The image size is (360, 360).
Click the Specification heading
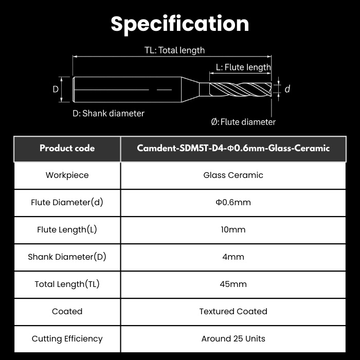click(x=180, y=24)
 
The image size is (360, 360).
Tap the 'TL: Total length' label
click(x=174, y=50)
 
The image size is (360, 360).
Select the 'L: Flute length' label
click(x=243, y=67)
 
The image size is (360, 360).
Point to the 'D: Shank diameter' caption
click(x=109, y=113)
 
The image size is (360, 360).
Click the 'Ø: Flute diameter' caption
click(x=243, y=122)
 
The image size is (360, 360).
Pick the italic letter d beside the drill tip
click(x=287, y=89)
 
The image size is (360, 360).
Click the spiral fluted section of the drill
click(x=240, y=89)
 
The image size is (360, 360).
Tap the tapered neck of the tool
click(x=190, y=89)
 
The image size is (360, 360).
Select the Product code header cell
click(x=67, y=148)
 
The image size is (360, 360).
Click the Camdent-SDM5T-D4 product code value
click(x=233, y=148)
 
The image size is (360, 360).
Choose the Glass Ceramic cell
click(x=233, y=175)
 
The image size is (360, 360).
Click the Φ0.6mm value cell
click(x=233, y=202)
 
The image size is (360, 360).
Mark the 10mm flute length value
click(x=233, y=229)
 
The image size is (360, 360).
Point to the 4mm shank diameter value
click(x=233, y=257)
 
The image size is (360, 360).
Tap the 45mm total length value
click(x=233, y=284)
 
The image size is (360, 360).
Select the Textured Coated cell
click(x=233, y=311)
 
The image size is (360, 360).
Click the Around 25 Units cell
click(x=233, y=338)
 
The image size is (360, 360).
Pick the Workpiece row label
click(x=67, y=175)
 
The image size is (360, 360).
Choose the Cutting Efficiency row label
click(x=67, y=339)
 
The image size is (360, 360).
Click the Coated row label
click(x=67, y=311)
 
